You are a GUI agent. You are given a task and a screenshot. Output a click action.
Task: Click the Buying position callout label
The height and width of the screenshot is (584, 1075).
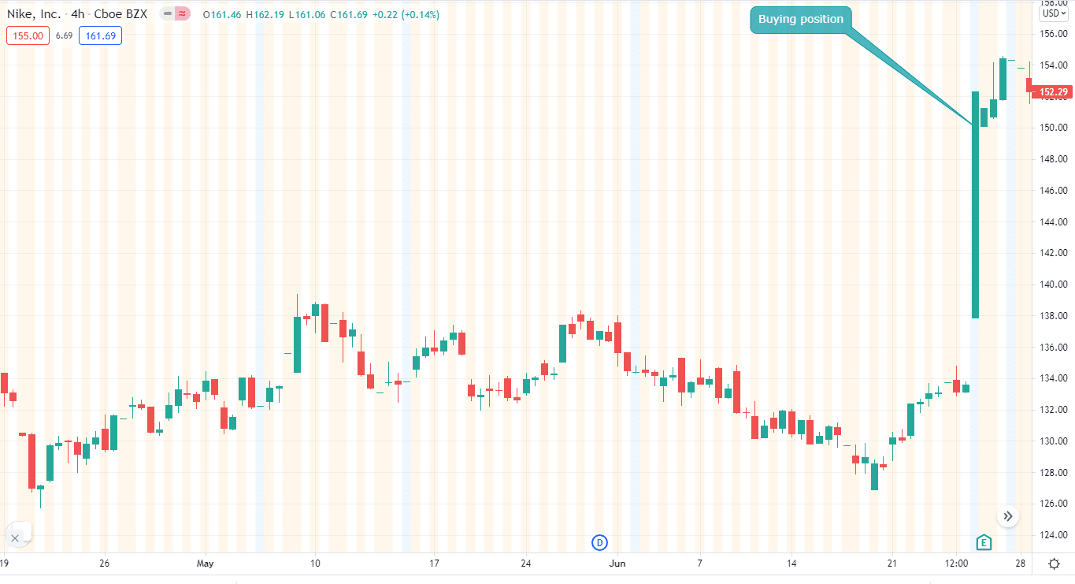[x=800, y=20]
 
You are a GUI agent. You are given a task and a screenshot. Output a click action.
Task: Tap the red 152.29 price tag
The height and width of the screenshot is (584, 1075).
[x=1053, y=92]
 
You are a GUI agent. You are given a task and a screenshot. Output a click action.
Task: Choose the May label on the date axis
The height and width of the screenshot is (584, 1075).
[x=205, y=564]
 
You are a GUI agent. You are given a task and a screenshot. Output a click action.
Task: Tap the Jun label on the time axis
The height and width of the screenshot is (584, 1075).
[x=617, y=564]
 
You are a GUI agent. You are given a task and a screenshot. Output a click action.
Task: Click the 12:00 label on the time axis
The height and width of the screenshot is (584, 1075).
[x=957, y=564]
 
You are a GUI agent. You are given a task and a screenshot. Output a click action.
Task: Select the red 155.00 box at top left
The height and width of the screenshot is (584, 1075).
[x=28, y=35]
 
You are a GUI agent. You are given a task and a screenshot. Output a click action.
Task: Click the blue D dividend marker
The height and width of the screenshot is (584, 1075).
[x=600, y=542]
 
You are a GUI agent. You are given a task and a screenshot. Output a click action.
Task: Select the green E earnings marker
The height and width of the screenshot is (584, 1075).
[x=983, y=542]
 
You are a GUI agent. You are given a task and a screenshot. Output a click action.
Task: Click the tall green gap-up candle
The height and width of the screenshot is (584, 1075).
[x=975, y=205]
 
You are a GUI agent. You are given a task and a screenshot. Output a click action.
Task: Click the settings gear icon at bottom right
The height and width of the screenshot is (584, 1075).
[x=1054, y=564]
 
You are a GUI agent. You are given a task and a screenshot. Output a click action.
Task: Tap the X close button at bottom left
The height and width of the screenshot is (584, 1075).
[x=15, y=538]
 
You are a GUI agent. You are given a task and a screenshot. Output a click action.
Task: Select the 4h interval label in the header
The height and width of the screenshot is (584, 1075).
[x=78, y=14]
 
